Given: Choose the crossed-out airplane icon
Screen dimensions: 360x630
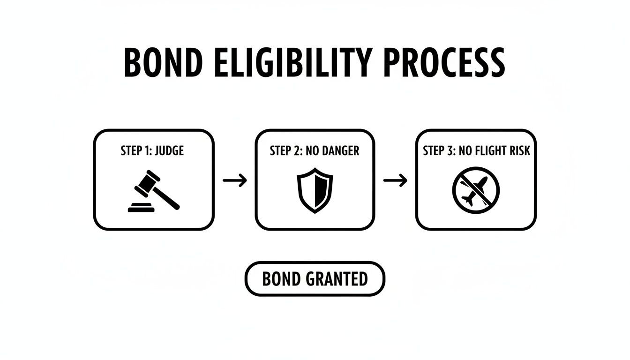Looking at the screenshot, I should click(476, 190).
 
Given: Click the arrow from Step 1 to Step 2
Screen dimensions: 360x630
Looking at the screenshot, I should click(234, 180).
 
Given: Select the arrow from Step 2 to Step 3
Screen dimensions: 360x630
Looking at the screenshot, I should click(395, 180).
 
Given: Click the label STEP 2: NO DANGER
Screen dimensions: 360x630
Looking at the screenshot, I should click(315, 150).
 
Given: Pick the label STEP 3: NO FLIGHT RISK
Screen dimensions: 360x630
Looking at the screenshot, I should click(476, 150).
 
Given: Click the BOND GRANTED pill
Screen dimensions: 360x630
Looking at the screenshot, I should click(315, 279).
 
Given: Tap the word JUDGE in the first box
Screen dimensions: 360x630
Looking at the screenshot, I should click(169, 150).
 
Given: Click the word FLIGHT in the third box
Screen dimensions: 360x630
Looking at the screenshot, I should click(491, 150).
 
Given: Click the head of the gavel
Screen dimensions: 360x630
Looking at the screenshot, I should click(148, 181).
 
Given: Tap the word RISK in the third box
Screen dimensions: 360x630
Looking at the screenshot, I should click(520, 150).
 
